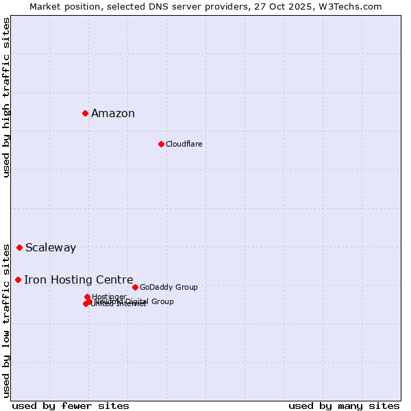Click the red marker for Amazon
point(85,113)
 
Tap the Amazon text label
point(113,114)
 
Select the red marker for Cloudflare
point(161,144)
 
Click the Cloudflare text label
point(184,144)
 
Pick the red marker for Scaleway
point(19,247)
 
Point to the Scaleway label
point(51,248)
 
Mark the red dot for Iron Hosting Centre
point(18,279)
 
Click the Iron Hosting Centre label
point(79,279)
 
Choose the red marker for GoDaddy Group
point(135,287)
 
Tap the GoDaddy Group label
point(169,287)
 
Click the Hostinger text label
point(109,297)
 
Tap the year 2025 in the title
point(309,6)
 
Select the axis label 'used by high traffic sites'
point(6,97)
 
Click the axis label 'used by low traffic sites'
point(6,321)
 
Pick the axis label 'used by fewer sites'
point(71,406)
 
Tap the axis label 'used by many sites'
point(344,406)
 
